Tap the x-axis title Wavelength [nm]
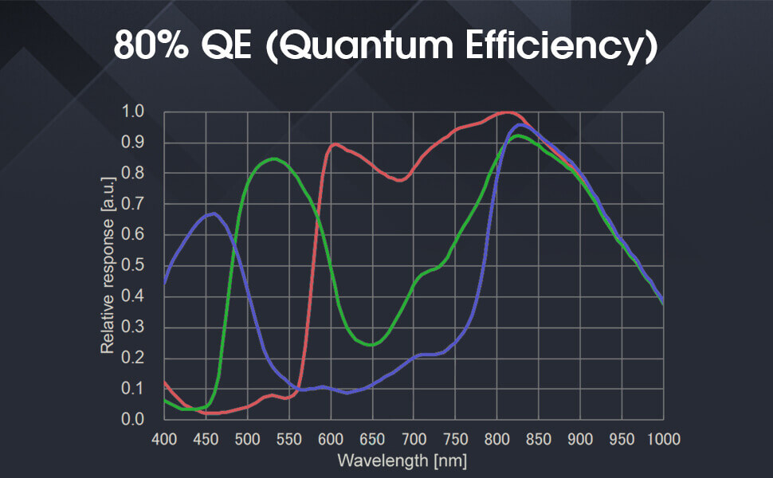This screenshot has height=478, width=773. pos(402,460)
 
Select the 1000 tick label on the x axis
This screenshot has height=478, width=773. pos(661,438)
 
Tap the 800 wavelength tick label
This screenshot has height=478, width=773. pos(496,438)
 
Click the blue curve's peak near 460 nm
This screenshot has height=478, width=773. pos(213,214)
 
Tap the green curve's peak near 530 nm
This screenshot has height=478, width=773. pos(273,159)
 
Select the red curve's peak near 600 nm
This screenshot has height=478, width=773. pos(335,144)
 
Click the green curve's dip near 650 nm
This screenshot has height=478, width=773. pos(373,345)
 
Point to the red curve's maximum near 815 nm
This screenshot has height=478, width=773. pos(508,112)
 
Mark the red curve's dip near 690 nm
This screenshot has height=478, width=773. pos(400,180)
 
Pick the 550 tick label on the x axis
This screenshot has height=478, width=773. pos(288,438)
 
